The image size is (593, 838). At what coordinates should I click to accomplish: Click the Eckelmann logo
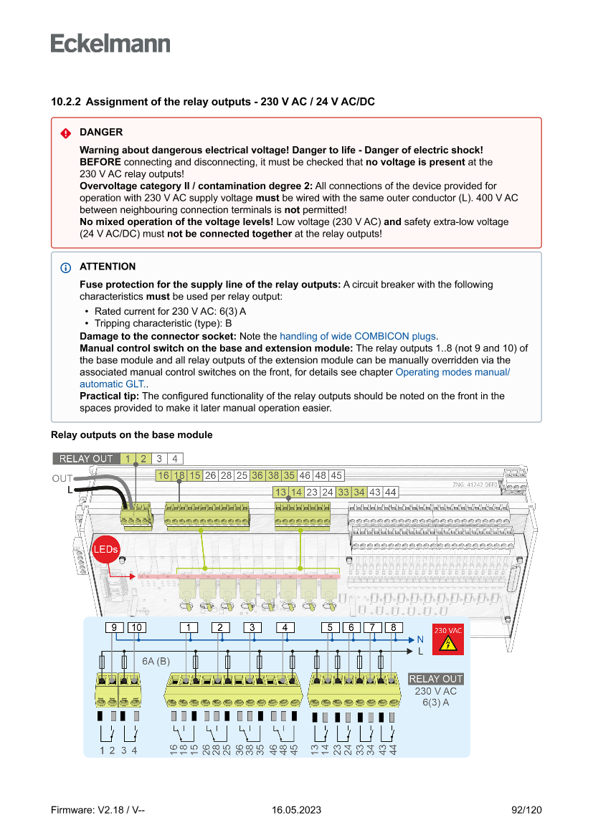pos(110,43)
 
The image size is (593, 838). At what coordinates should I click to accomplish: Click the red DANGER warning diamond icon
pos(65,133)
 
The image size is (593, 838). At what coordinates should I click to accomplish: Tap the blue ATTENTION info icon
pos(65,267)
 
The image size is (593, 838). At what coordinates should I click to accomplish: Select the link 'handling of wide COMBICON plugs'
pos(358,335)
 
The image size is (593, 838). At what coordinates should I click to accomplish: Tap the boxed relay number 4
pos(285,628)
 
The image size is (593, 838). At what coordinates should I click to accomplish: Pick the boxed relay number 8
pos(394,628)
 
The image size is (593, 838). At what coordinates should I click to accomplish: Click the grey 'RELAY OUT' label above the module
pos(85,459)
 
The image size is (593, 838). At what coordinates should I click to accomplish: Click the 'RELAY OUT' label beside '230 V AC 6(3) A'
pos(435,679)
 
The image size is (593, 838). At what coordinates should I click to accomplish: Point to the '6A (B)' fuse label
pos(156,660)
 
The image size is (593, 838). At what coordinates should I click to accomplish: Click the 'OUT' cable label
pos(62,478)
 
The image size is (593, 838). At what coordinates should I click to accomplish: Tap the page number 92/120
pos(526,810)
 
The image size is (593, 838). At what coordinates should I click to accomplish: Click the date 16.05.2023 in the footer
pos(296,810)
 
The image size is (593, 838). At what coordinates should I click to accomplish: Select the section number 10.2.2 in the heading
pos(65,102)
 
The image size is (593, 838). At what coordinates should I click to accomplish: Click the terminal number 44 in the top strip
pos(390,492)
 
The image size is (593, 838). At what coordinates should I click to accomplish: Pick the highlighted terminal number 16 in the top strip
pos(163,475)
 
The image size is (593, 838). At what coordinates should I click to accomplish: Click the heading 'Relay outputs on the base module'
pos(131,435)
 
